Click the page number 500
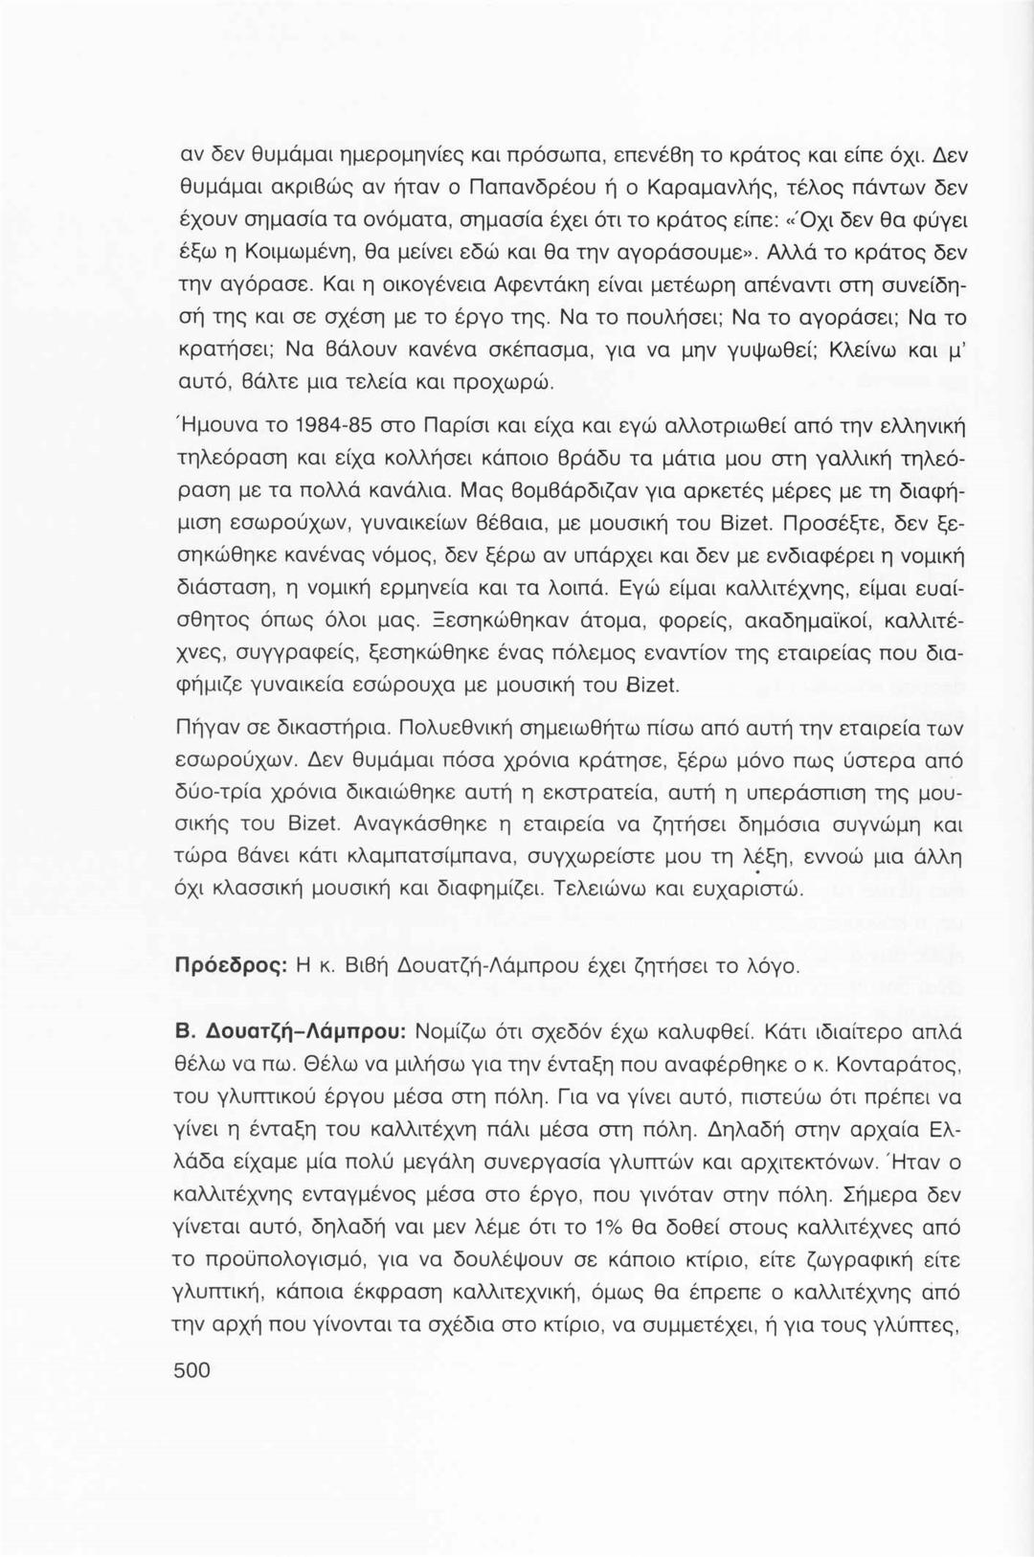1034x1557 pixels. (x=191, y=1370)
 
